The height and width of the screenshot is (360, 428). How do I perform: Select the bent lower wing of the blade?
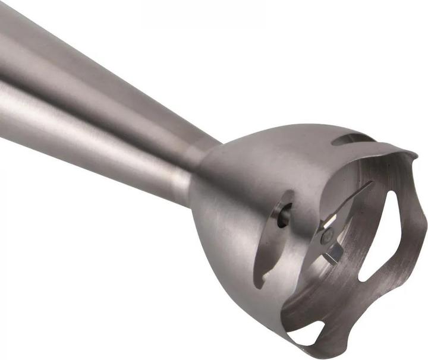[333, 256]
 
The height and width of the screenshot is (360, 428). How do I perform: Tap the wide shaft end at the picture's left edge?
[9, 77]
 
